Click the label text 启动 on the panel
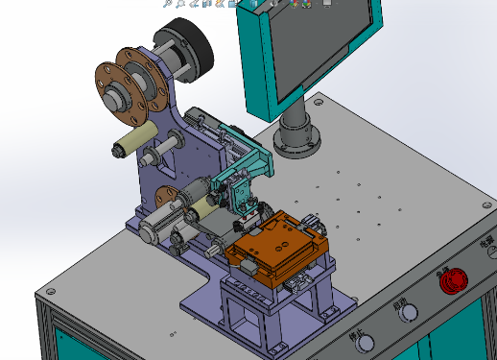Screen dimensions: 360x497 [400, 301]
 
